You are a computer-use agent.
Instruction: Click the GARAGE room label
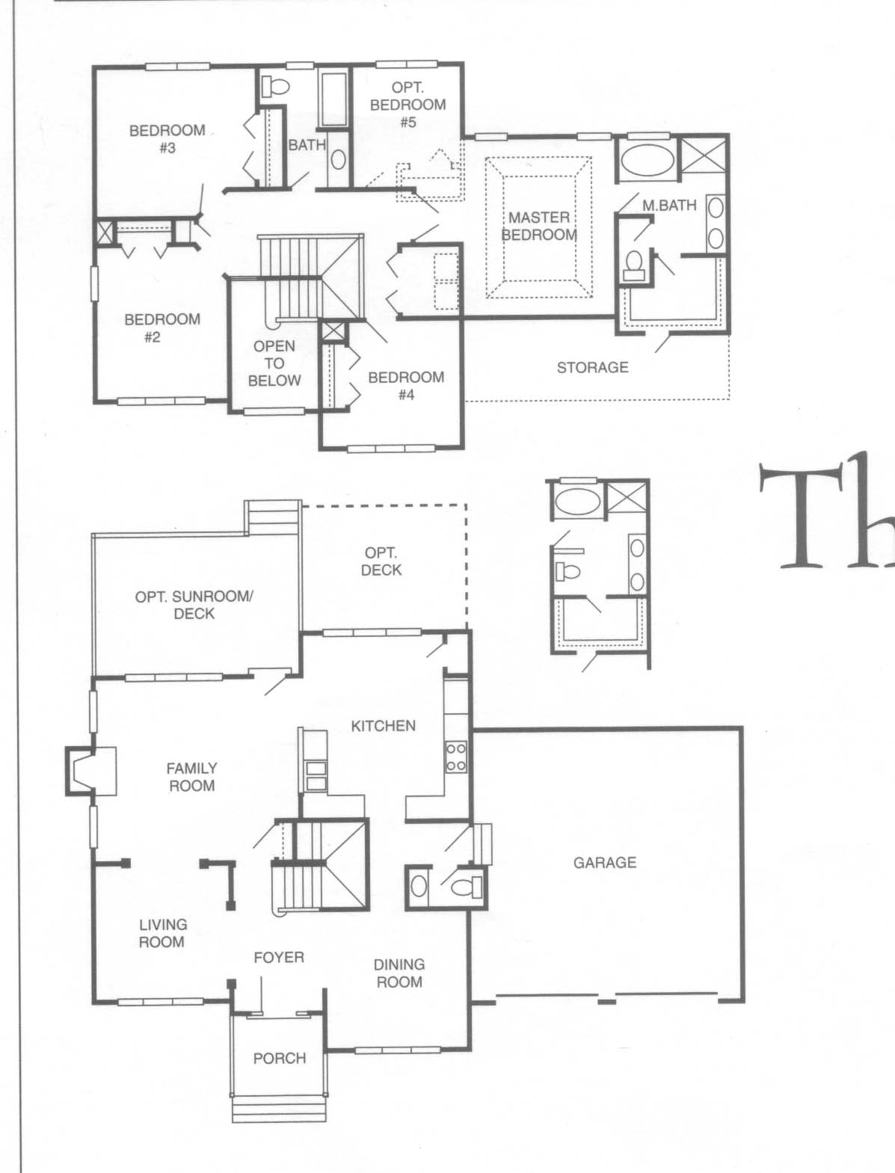pyautogui.click(x=605, y=863)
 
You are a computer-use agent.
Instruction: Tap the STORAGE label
pyautogui.click(x=593, y=367)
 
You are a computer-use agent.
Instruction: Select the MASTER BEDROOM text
pyautogui.click(x=539, y=226)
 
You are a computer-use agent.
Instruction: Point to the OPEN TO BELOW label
pyautogui.click(x=274, y=363)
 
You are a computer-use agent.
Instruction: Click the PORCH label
pyautogui.click(x=280, y=1058)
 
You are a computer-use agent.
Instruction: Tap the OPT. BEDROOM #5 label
pyautogui.click(x=407, y=105)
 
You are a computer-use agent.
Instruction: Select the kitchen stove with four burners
pyautogui.click(x=456, y=757)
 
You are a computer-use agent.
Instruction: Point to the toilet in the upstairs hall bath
pyautogui.click(x=275, y=85)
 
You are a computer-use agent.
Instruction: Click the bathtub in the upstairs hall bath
pyautogui.click(x=334, y=100)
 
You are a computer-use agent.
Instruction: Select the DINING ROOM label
pyautogui.click(x=399, y=973)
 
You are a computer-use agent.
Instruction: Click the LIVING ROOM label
pyautogui.click(x=162, y=934)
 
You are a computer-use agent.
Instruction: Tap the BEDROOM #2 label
pyautogui.click(x=162, y=328)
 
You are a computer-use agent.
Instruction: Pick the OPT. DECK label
pyautogui.click(x=381, y=561)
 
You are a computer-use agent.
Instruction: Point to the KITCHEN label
pyautogui.click(x=383, y=726)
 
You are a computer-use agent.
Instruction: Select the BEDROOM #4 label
pyautogui.click(x=406, y=386)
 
